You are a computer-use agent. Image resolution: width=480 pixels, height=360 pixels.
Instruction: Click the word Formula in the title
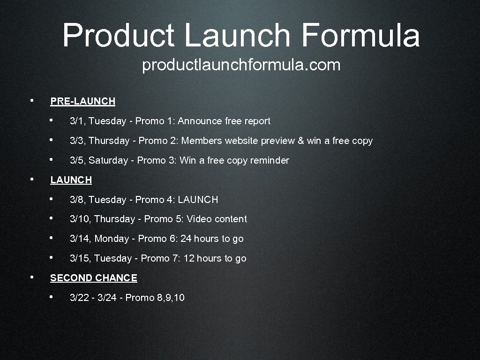[360, 36]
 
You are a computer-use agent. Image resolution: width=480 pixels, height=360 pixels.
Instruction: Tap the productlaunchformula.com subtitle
[241, 65]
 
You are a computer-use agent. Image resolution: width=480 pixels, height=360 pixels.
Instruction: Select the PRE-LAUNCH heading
[82, 101]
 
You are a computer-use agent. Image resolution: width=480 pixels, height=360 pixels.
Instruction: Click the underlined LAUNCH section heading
[71, 180]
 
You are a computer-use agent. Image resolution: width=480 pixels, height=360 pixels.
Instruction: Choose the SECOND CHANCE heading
[93, 278]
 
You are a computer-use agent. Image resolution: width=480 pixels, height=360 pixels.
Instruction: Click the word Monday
[112, 239]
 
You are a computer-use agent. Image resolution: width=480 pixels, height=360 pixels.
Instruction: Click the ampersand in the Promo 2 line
[300, 141]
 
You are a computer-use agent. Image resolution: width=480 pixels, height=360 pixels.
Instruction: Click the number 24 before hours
[186, 239]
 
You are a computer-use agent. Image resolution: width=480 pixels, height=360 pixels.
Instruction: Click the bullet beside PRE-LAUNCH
[31, 101]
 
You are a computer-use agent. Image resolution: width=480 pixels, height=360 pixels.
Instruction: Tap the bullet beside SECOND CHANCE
[31, 277]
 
